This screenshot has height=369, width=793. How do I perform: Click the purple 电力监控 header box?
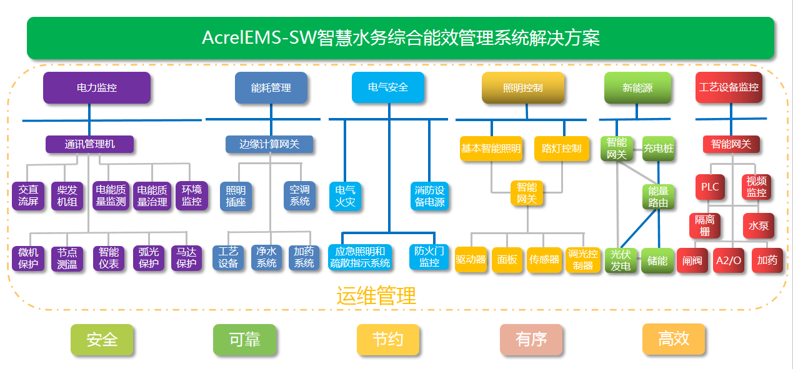pyautogui.click(x=97, y=88)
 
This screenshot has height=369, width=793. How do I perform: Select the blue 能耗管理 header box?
pyautogui.click(x=271, y=88)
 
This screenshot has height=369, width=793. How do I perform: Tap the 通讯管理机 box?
pyautogui.click(x=89, y=144)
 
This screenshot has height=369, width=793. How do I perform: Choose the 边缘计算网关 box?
pyautogui.click(x=269, y=144)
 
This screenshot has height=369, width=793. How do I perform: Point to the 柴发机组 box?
pyautogui.click(x=67, y=195)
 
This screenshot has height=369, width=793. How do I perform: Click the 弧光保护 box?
pyautogui.click(x=149, y=258)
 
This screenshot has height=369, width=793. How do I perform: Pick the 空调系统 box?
pyautogui.click(x=300, y=195)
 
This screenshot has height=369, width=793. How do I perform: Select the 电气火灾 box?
pyautogui.click(x=346, y=196)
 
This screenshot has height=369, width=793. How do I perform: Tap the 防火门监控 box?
pyautogui.click(x=429, y=257)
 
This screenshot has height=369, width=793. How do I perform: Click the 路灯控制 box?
pyautogui.click(x=561, y=149)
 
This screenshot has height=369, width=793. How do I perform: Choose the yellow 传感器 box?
pyautogui.click(x=544, y=259)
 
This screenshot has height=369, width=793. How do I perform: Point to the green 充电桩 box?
pyautogui.click(x=659, y=149)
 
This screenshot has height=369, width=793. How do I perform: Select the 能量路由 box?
pyautogui.click(x=659, y=197)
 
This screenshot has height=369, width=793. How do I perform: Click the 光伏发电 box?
pyautogui.click(x=621, y=260)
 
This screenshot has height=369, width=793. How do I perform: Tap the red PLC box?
pyautogui.click(x=710, y=187)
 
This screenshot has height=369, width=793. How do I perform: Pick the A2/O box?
pyautogui.click(x=729, y=260)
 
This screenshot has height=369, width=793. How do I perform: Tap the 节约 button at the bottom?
pyautogui.click(x=387, y=340)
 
